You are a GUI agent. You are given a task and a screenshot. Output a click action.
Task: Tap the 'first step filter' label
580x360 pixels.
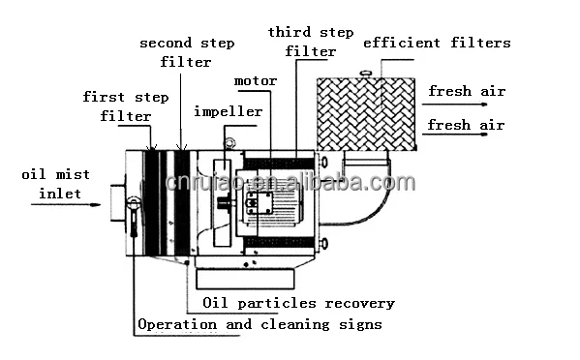[117, 106]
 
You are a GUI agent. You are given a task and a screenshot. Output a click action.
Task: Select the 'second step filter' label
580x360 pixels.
[187, 52]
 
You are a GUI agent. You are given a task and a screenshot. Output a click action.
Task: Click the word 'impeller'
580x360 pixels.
[228, 111]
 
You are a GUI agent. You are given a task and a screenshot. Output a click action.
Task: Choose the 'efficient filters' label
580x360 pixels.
[437, 43]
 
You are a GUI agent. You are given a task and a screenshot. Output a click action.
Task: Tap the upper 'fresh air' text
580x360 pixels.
[466, 91]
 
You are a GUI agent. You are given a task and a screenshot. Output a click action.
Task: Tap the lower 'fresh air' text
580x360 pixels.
[466, 124]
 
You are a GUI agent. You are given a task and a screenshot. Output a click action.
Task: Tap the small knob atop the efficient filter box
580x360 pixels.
[366, 74]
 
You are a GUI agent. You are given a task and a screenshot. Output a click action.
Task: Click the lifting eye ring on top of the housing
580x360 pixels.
[229, 144]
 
